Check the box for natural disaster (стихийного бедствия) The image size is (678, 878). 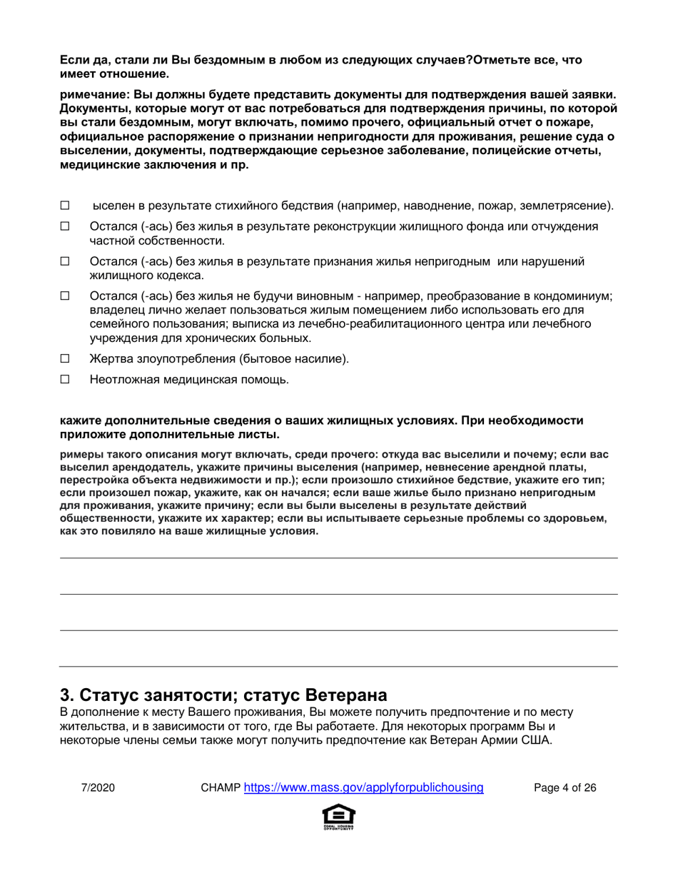[64, 206]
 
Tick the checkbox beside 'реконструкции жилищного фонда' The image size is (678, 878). [64, 226]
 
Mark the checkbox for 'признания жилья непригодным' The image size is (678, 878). [64, 262]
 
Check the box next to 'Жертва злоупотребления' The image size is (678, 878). [64, 359]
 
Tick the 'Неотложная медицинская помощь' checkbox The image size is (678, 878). [64, 380]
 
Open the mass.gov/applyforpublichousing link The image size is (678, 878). [364, 788]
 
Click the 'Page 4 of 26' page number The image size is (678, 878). [565, 788]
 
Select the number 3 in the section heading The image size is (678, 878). [65, 695]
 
